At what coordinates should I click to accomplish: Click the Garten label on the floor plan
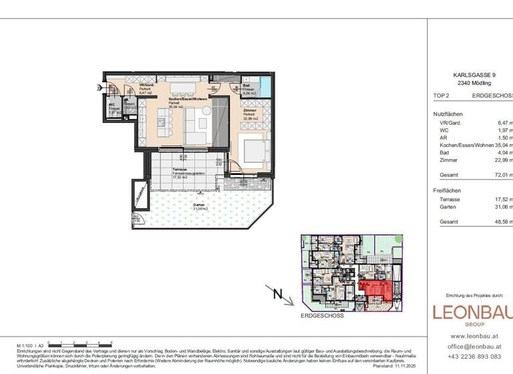(x=198, y=206)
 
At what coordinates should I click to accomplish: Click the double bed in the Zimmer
(x=253, y=151)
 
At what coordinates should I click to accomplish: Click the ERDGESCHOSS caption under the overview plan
(x=322, y=316)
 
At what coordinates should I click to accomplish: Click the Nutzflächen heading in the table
(x=448, y=114)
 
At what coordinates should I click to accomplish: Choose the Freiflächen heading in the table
(x=448, y=190)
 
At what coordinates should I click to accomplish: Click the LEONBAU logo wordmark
(x=472, y=312)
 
